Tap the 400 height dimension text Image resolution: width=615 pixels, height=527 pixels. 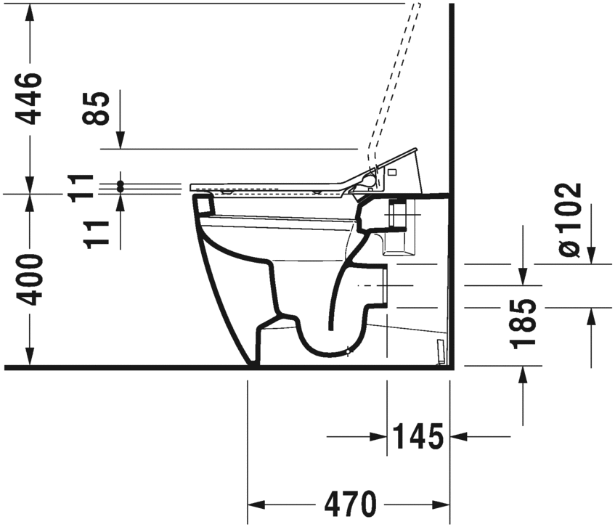[x=30, y=279]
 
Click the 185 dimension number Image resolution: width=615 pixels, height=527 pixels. [x=523, y=322]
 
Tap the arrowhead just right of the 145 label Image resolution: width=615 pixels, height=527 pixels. [x=460, y=437]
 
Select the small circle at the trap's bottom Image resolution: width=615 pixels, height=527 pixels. [x=349, y=353]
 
